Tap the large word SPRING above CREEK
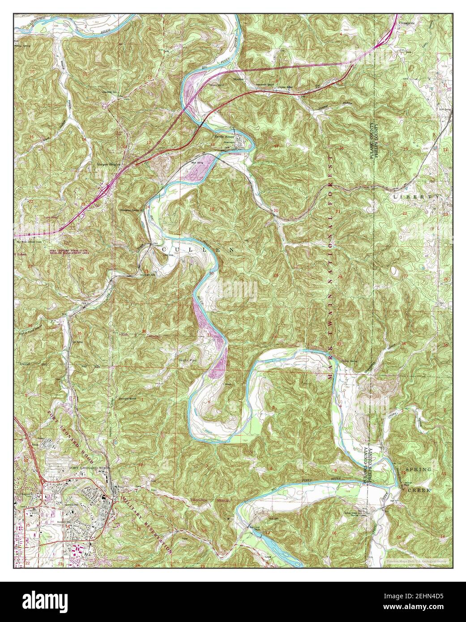click(x=418, y=469)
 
